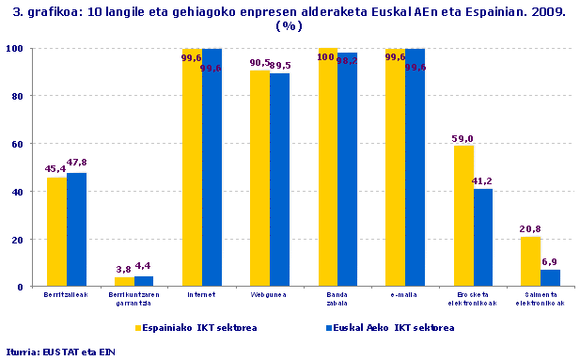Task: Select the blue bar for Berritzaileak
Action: pyautogui.click(x=76, y=229)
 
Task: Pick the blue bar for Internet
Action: pyautogui.click(x=212, y=169)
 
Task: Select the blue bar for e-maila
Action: pyautogui.click(x=415, y=169)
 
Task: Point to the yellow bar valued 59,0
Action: pyautogui.click(x=462, y=216)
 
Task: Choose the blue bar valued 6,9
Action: pyautogui.click(x=550, y=278)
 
